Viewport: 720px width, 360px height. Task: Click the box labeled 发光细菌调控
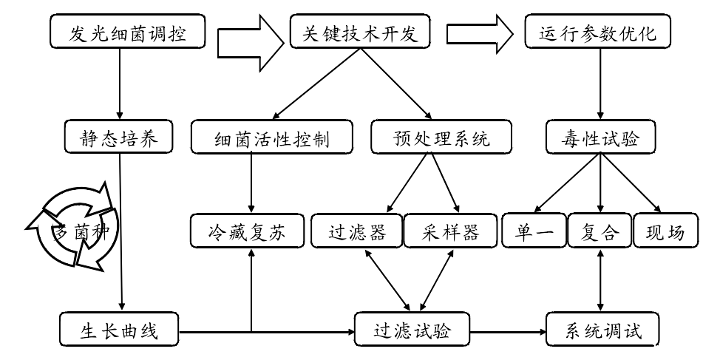click(128, 33)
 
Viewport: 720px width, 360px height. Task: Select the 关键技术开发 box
click(360, 33)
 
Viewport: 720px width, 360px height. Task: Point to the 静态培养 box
click(118, 137)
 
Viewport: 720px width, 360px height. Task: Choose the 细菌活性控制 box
click(271, 137)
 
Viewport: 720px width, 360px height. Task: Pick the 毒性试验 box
click(600, 137)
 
